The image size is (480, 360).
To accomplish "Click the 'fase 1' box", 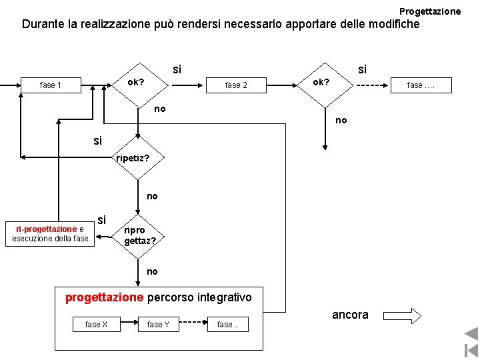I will click(x=51, y=85).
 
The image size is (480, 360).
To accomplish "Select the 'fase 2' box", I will click(x=236, y=85).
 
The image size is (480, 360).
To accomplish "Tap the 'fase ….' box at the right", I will click(x=421, y=85).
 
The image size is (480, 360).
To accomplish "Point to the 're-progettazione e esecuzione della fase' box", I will click(x=50, y=234).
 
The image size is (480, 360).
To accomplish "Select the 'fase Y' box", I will click(x=158, y=325).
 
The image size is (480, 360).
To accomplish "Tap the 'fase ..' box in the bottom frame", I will click(x=227, y=325).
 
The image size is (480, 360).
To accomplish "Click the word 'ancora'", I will click(x=350, y=315).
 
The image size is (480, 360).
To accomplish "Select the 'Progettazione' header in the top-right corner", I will click(x=429, y=11).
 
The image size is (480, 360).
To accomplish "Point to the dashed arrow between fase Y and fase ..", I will click(x=194, y=325).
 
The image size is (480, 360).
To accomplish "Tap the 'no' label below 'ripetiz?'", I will click(x=152, y=196).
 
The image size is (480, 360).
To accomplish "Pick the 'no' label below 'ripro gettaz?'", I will click(x=152, y=271).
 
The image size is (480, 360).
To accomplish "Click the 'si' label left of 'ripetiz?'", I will click(x=99, y=141).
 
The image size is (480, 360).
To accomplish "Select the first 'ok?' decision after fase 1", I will click(x=137, y=83).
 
